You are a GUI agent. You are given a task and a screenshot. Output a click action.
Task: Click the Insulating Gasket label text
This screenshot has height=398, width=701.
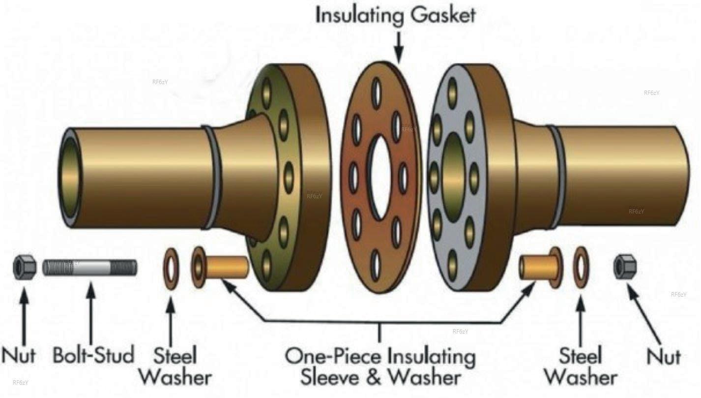(395, 16)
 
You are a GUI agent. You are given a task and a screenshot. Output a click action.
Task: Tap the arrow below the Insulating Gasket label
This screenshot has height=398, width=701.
(398, 47)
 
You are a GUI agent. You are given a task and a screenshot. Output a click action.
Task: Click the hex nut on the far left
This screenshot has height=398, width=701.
(24, 268)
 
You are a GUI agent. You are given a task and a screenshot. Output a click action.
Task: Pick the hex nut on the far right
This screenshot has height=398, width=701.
(625, 266)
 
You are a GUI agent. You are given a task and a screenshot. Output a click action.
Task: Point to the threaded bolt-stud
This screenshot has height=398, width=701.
(90, 268)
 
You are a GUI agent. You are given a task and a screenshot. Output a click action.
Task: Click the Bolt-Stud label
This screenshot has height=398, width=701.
(93, 355)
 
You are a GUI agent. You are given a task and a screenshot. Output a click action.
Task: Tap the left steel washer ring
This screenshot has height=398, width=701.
(171, 269)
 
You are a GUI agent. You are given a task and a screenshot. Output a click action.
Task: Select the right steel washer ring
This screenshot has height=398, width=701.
(582, 268)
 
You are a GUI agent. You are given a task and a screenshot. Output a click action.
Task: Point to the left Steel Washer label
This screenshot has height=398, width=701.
(175, 366)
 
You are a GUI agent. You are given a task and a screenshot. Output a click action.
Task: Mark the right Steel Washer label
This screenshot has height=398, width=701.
(581, 366)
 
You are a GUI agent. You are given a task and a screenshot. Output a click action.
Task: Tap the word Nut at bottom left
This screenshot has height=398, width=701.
(19, 355)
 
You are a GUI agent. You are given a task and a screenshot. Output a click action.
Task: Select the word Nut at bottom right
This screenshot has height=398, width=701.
(664, 357)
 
